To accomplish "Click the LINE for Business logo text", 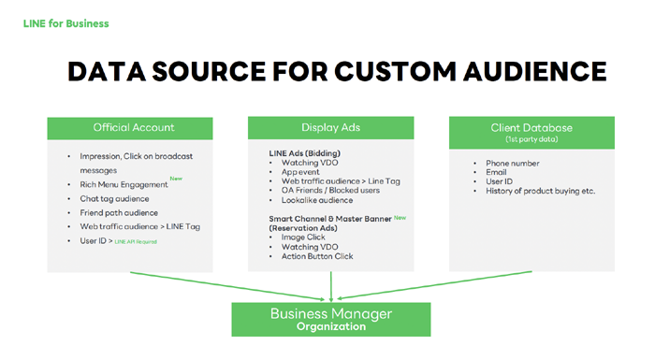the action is (66, 23).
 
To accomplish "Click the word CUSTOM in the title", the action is (394, 71).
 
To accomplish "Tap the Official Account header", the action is (134, 127).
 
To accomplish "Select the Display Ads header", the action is (331, 127).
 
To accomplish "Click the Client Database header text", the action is (531, 128).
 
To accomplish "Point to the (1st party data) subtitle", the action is (531, 139).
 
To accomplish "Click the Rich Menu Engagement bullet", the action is (124, 184).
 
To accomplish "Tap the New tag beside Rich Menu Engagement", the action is (176, 179).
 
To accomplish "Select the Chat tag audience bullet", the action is (114, 199).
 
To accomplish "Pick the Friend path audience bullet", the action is (119, 213).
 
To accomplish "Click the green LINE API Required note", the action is (136, 242).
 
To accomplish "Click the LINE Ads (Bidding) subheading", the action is (304, 153).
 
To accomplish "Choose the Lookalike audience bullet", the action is (317, 200).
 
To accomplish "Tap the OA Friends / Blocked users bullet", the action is (330, 191).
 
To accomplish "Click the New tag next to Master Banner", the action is (400, 218).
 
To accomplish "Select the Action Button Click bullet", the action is (317, 256).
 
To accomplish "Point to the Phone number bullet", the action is (513, 164).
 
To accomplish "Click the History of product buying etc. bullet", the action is (541, 192).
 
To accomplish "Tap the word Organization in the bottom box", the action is (331, 326).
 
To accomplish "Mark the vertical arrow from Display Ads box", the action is (331, 286).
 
